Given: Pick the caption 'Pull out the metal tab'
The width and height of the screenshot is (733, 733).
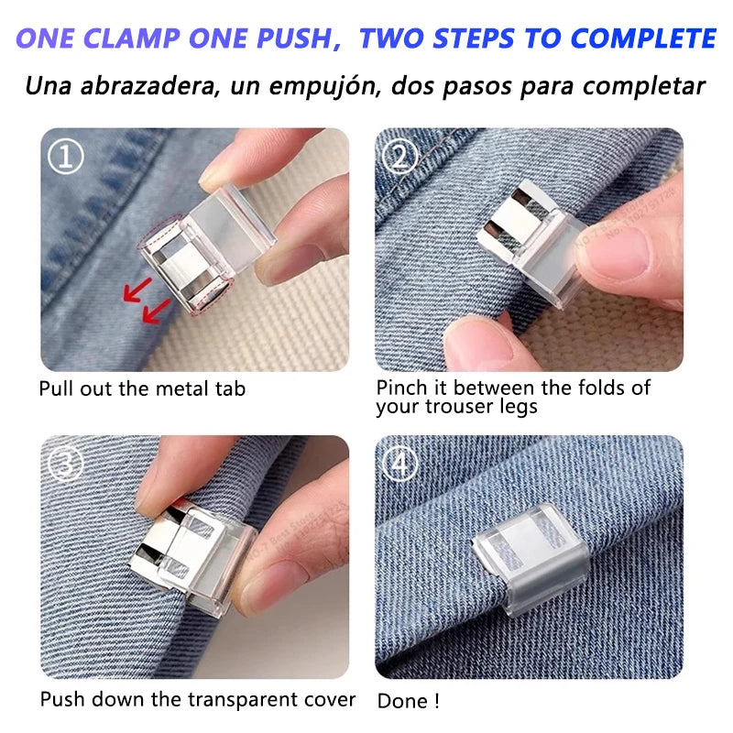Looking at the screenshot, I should coord(142,388).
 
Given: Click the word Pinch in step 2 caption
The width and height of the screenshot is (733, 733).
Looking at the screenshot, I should coord(400,388).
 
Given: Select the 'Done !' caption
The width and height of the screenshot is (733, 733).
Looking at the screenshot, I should coord(409,701).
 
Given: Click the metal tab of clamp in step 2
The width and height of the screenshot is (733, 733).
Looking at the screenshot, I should coord(513,220).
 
